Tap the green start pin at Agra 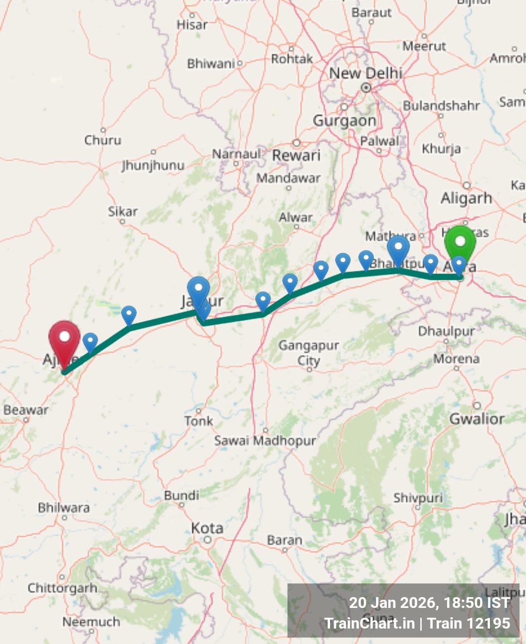coord(459,243)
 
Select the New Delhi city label coord(366,74)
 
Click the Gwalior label coord(477,419)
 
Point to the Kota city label coord(207,529)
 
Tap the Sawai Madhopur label coord(265,441)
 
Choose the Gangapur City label coord(309,352)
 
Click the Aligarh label coord(466,198)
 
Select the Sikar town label coord(123,211)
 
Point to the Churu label coord(103,140)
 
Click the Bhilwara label coord(64,508)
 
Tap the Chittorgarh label coord(62,588)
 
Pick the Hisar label coord(192,25)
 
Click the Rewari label coord(297,156)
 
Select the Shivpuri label coord(418,498)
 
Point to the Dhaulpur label coord(446,331)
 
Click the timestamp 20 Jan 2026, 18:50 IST coord(429,603)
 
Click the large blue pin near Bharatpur coord(398,249)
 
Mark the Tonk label coord(199,421)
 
